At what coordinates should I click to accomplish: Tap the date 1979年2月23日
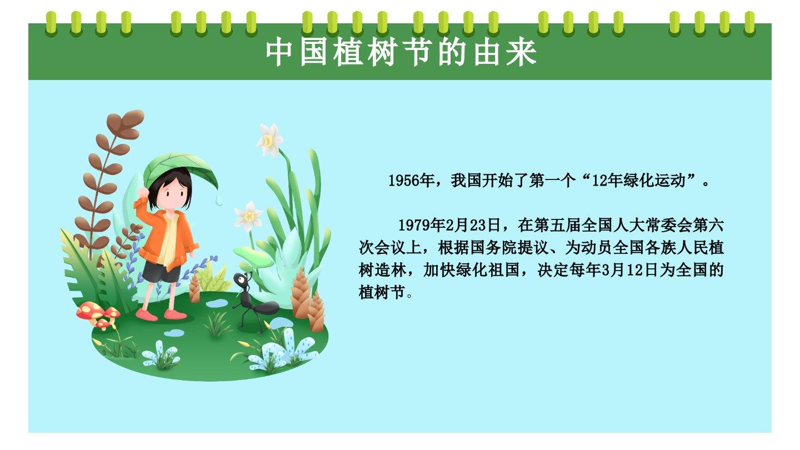pos(449,225)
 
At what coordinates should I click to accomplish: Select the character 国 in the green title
pos(313,52)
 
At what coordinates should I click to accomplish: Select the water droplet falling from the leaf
pos(219,201)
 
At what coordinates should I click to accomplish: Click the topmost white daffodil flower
pos(269,140)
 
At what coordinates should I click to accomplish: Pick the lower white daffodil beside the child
pos(248,216)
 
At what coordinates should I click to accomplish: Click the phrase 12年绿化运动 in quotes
pos(638,181)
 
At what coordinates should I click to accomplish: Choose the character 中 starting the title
pos(279,52)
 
